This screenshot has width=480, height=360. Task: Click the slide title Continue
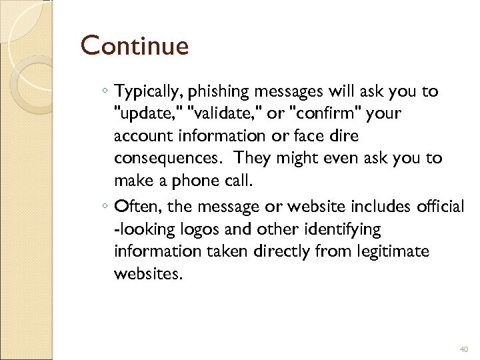click(x=135, y=47)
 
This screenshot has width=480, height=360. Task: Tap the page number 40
click(x=465, y=350)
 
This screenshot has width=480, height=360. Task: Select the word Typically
click(x=144, y=92)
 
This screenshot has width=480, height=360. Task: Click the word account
click(x=145, y=136)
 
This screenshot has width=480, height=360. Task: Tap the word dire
click(x=341, y=136)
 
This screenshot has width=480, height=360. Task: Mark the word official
click(x=439, y=207)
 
